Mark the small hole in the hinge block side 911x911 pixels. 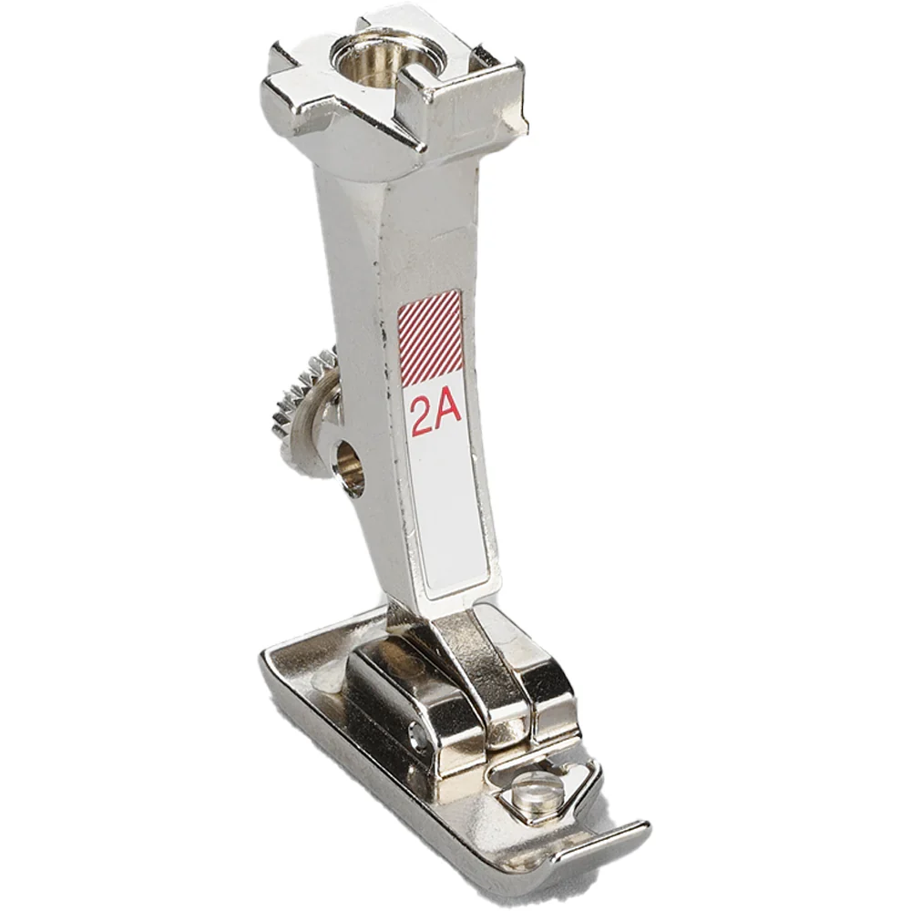[x=418, y=735]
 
